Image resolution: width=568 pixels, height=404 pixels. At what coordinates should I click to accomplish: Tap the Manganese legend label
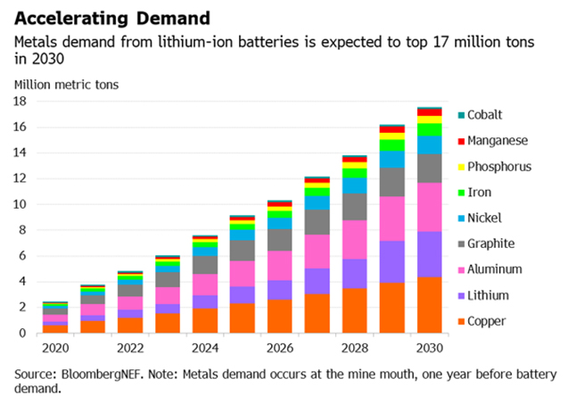[498, 140]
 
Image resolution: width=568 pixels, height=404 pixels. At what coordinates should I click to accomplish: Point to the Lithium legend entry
[485, 293]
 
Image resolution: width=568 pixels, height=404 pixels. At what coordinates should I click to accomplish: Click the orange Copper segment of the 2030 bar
[431, 305]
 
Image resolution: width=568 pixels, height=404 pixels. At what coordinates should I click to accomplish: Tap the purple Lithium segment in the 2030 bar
[431, 254]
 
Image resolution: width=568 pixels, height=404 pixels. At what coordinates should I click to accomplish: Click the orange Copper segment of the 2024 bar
[205, 320]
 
